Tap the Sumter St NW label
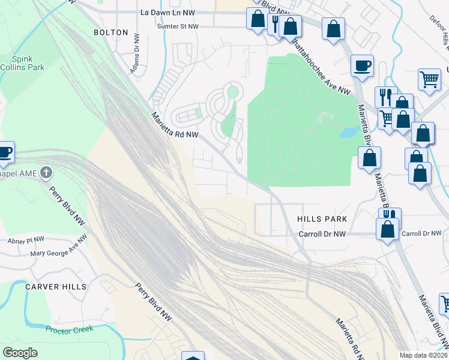177,26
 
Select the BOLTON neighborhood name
110,32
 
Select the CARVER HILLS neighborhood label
56,287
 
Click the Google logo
20,353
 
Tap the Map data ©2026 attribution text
423,355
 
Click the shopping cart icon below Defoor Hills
429,79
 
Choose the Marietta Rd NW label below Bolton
175,125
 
